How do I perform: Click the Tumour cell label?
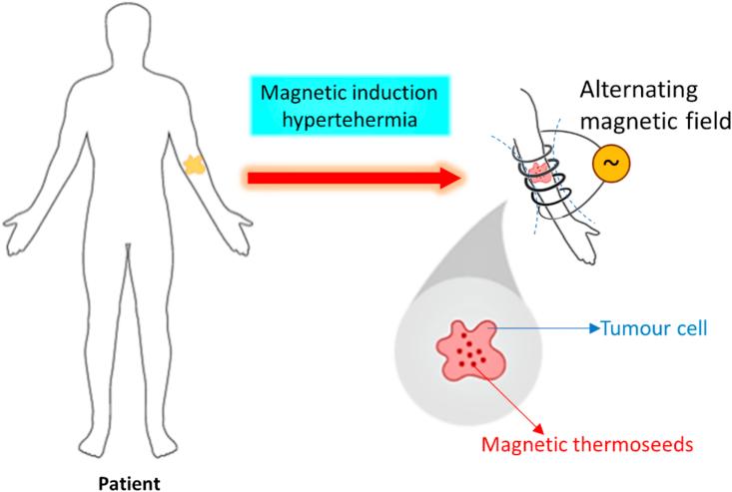pos(655,326)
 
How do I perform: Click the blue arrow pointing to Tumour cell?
pos(549,326)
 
